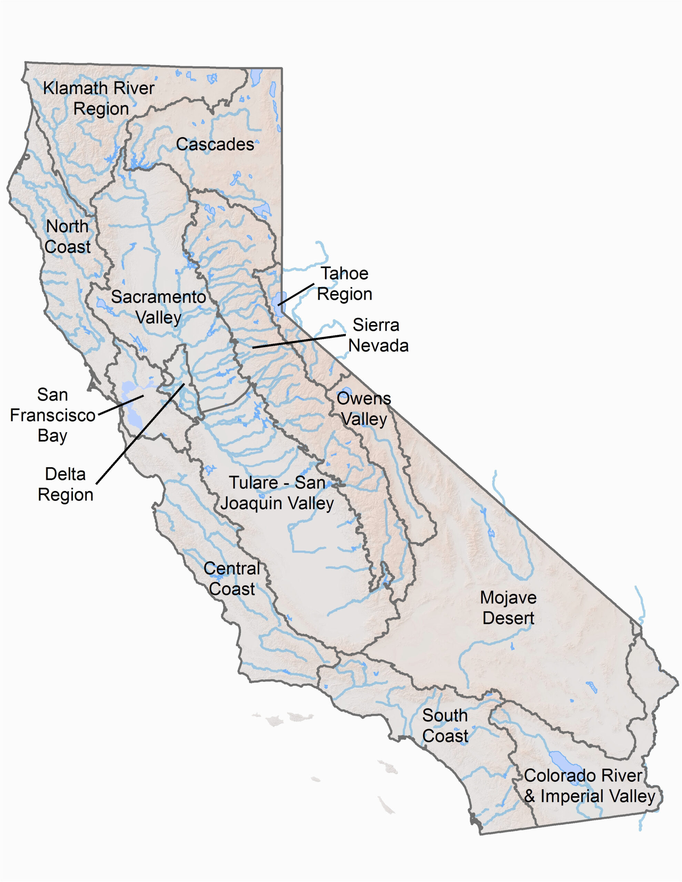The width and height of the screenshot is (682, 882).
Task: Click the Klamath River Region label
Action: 99,98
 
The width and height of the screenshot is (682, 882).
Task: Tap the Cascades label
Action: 215,144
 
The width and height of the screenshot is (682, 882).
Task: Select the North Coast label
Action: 68,237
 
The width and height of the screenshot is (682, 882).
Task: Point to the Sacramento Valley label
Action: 159,307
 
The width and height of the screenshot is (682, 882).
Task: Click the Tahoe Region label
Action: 344,284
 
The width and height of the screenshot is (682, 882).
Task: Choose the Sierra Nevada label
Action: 378,335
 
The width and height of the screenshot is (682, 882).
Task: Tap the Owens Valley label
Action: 364,409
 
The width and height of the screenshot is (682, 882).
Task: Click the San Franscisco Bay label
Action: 52,415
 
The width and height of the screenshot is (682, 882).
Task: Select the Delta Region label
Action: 66,484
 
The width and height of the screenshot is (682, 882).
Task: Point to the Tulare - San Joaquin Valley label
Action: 277,493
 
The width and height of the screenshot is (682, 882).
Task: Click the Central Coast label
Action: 232,579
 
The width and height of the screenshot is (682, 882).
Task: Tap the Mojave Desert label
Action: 508,608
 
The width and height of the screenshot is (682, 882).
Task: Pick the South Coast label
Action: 445,726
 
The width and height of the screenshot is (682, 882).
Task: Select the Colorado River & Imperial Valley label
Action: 589,786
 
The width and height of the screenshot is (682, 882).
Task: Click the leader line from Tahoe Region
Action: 296,294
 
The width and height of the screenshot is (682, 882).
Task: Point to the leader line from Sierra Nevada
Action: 299,341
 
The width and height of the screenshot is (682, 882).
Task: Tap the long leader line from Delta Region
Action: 140,433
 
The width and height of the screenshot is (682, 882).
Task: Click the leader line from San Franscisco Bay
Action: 121,405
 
